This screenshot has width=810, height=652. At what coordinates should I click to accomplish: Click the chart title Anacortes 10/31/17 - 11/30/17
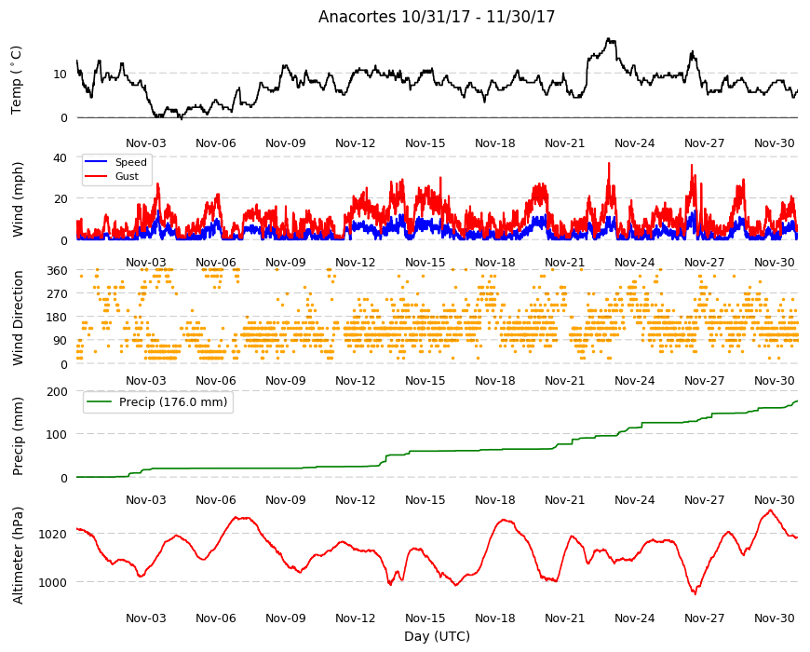point(437,17)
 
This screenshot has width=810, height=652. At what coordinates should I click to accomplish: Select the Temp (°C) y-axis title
point(17,80)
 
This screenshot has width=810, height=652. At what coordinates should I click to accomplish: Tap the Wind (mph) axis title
point(18,199)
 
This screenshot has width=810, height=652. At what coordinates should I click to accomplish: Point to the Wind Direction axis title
point(18,318)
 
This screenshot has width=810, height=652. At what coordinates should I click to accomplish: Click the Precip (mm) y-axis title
point(18,436)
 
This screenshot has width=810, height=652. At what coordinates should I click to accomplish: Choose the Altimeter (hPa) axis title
point(18,555)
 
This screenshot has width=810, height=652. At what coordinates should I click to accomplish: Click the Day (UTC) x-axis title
point(437,636)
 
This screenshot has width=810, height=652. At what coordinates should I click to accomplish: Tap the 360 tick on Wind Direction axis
point(58,271)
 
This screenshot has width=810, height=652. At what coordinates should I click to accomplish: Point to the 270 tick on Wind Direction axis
point(58,294)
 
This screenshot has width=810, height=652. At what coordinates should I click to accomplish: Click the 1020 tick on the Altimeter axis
point(53,535)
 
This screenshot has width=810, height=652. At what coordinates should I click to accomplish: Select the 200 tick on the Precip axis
point(58,391)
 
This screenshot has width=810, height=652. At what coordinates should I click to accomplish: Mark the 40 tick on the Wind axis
point(61,157)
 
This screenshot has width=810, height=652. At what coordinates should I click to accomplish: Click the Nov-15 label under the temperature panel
point(425,143)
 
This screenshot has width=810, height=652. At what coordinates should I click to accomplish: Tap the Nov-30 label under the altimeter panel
point(775,618)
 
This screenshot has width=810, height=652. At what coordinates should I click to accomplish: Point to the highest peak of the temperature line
point(609,38)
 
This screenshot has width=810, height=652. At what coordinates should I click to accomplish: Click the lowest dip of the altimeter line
point(695,594)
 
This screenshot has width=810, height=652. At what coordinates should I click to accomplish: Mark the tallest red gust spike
point(609,163)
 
